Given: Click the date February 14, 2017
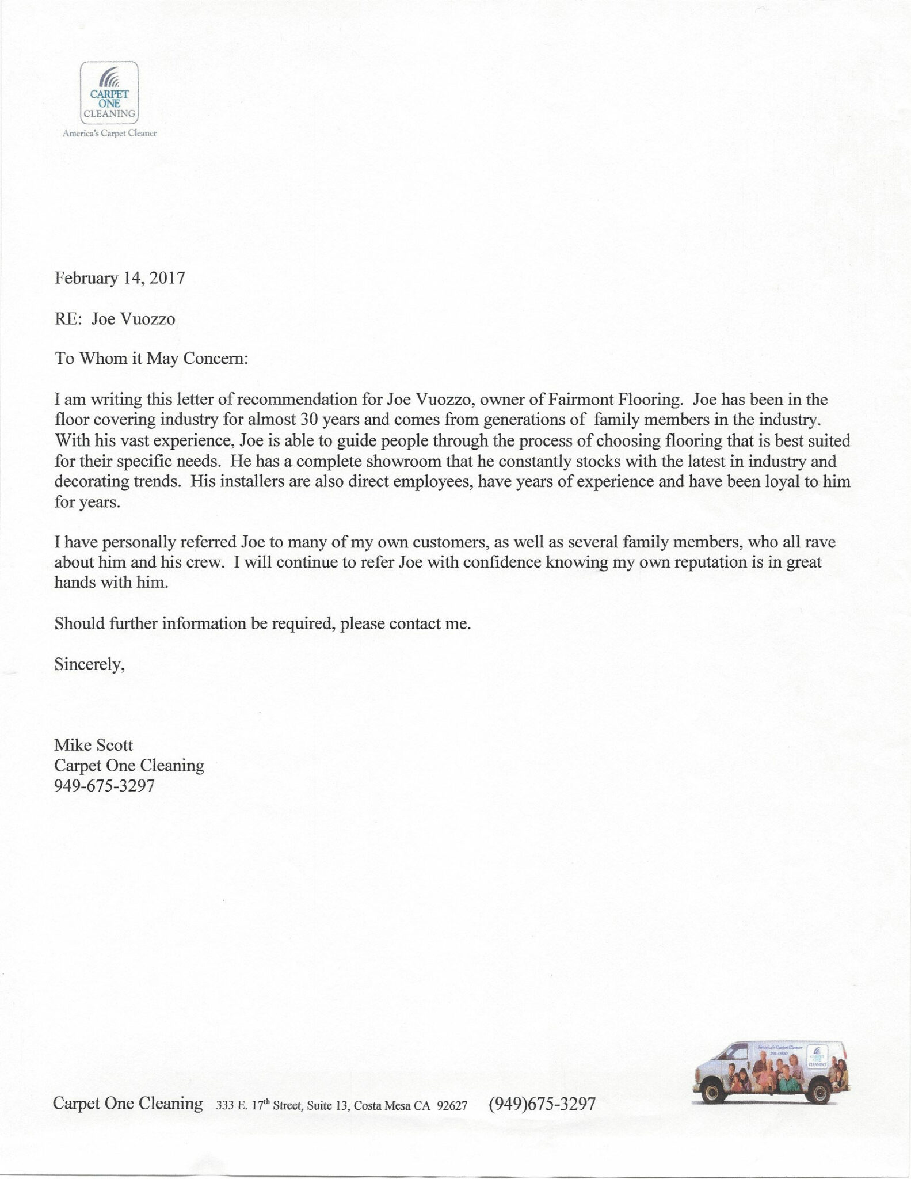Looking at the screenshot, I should (x=120, y=279).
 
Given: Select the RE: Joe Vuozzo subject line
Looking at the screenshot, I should (x=115, y=319).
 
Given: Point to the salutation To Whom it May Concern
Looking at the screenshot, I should (x=151, y=359).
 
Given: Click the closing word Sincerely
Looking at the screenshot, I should (x=89, y=664).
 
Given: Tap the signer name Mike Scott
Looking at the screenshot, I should (x=93, y=745).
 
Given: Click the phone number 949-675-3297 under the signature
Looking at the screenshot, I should (x=104, y=786).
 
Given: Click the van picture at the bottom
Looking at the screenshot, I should (x=772, y=1071).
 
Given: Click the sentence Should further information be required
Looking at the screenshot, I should (x=262, y=623).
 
